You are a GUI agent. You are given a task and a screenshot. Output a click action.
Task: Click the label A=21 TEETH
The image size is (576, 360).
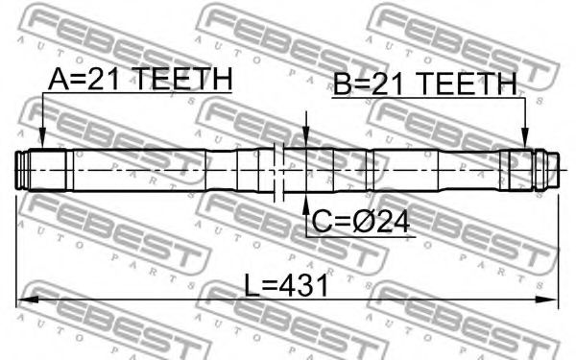140,79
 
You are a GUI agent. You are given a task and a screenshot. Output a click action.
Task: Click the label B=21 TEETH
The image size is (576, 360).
425,84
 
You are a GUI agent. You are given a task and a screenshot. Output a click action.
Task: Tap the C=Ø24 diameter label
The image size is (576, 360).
361,222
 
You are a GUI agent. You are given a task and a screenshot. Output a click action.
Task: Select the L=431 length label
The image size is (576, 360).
286,286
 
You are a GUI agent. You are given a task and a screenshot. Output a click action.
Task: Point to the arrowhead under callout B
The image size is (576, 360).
526,138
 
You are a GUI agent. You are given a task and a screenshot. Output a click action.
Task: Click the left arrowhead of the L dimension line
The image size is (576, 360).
27,300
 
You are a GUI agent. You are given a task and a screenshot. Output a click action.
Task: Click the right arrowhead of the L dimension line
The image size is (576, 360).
547,300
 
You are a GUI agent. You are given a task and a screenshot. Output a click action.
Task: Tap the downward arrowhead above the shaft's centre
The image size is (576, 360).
305,137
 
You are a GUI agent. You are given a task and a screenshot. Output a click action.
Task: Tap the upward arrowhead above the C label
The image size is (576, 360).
305,204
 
